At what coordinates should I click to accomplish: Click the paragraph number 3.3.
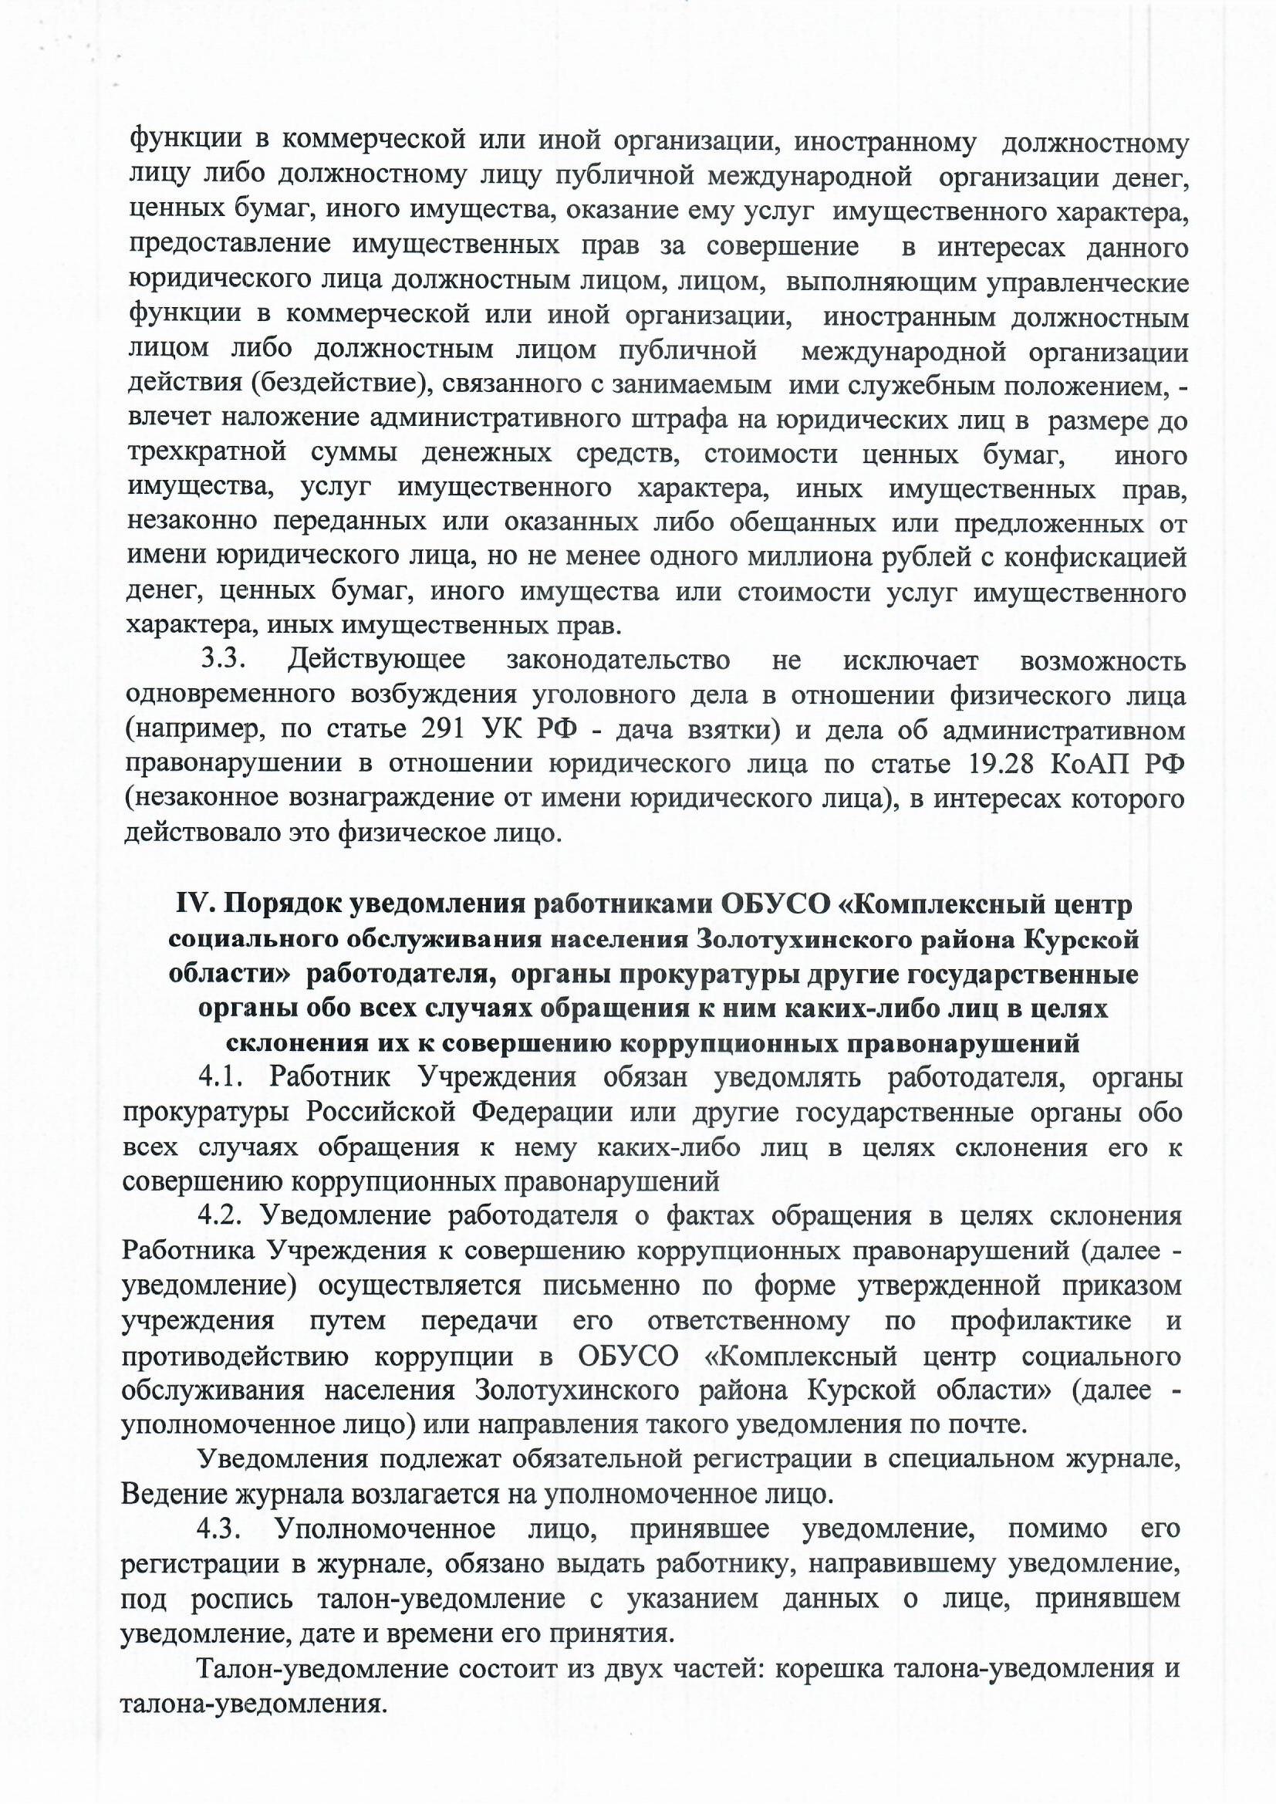click(224, 660)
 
